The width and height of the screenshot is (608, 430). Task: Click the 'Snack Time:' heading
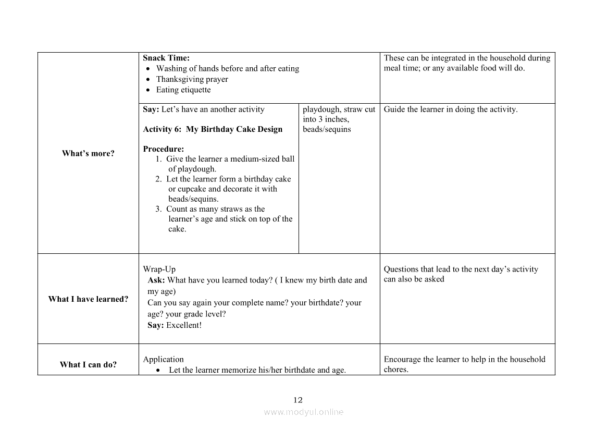[x=166, y=58]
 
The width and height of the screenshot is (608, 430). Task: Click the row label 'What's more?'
[x=88, y=153]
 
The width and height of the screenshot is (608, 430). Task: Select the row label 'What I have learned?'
[x=88, y=299]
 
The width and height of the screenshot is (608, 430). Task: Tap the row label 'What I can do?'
[x=88, y=365]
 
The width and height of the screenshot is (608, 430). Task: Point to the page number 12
[x=297, y=400]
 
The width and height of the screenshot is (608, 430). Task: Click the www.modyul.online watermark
[x=304, y=412]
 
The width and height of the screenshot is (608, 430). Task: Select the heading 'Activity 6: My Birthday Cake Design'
[x=213, y=129]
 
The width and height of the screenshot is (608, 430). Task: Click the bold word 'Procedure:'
[x=163, y=149]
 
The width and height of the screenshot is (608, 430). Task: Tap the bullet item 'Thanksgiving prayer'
[x=192, y=79]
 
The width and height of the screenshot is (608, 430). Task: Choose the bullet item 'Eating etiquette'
[x=183, y=90]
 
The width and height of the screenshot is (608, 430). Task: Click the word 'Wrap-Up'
[x=159, y=269]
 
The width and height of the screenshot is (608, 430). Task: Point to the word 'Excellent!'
[x=183, y=325]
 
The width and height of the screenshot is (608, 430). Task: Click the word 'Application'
[x=164, y=360]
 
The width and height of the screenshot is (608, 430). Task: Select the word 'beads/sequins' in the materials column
[x=327, y=129]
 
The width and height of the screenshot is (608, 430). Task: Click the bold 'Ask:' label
[x=156, y=280]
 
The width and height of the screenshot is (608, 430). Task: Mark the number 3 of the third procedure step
[x=158, y=209]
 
